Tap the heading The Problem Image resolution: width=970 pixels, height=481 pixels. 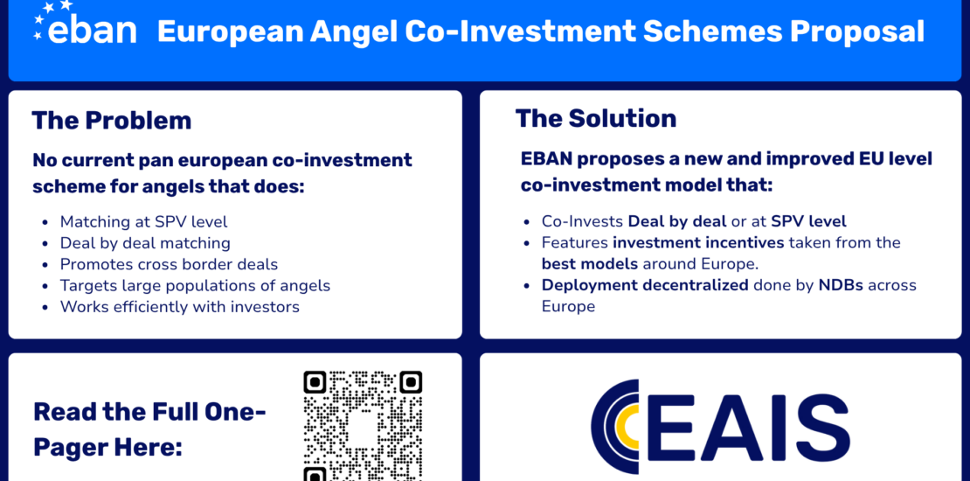pyautogui.click(x=111, y=120)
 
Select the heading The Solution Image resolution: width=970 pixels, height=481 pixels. pyautogui.click(x=596, y=118)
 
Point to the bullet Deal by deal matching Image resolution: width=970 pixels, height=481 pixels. pyautogui.click(x=145, y=243)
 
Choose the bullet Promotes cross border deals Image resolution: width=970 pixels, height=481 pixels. pyautogui.click(x=169, y=264)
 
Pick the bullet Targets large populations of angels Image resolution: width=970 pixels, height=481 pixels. pyautogui.click(x=195, y=285)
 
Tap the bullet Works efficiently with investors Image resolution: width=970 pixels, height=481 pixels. pyautogui.click(x=179, y=306)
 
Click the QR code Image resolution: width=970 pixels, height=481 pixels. pyautogui.click(x=363, y=426)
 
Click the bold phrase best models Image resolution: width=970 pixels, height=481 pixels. pyautogui.click(x=590, y=264)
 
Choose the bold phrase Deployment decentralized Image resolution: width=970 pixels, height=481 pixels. pyautogui.click(x=645, y=285)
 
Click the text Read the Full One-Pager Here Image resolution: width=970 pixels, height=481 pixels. pyautogui.click(x=149, y=429)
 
